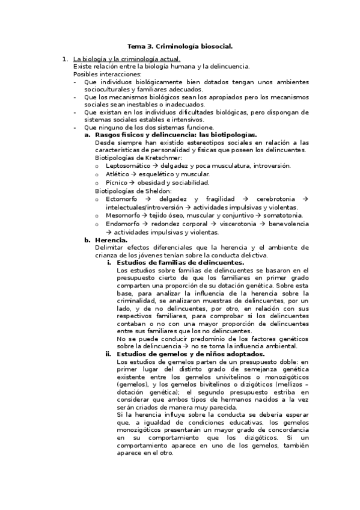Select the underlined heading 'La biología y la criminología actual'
coord(126,59)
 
